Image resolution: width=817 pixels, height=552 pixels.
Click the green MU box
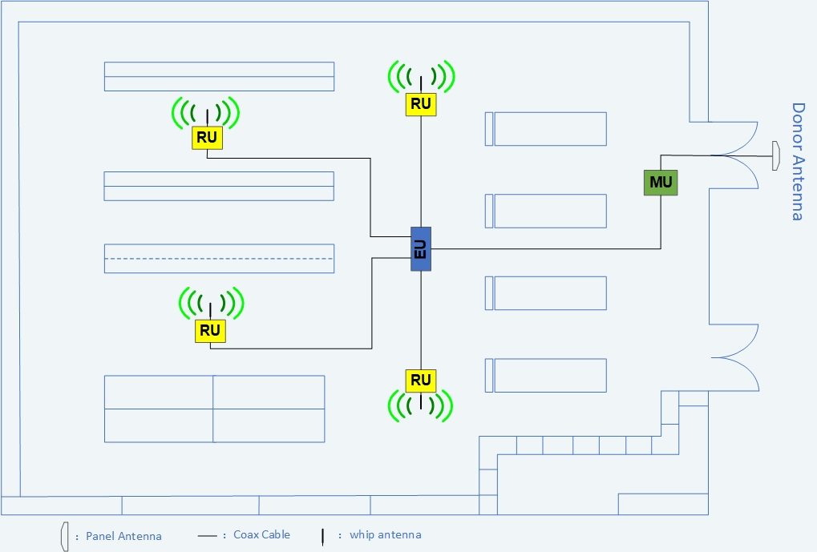tap(661, 183)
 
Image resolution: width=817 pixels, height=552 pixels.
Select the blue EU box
tap(421, 248)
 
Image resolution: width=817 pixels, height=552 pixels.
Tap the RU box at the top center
tap(421, 104)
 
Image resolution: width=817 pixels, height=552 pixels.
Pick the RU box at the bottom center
tap(421, 380)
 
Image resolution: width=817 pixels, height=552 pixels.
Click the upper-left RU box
tap(207, 138)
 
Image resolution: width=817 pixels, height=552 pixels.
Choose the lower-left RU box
tap(210, 330)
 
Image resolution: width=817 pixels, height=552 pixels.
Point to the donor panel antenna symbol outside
tap(776, 155)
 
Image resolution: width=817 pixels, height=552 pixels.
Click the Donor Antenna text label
tap(798, 161)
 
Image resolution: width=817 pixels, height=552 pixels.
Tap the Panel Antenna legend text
tap(123, 536)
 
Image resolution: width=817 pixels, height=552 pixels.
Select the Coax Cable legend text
tap(261, 534)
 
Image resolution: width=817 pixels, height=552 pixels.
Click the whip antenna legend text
tap(385, 534)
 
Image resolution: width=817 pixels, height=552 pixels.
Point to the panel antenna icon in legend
tap(62, 536)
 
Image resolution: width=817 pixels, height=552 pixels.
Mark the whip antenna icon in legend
tap(322, 536)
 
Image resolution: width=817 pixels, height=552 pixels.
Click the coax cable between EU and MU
tap(545, 248)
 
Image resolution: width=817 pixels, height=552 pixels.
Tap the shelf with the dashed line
tap(219, 258)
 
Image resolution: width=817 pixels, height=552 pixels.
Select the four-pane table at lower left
tap(214, 409)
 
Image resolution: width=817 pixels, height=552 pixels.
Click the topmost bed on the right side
tap(549, 129)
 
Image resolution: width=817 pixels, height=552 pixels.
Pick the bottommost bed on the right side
tap(549, 375)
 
